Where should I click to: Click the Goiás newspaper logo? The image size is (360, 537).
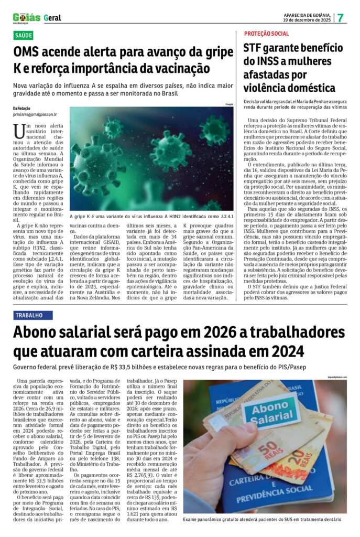tap(26, 17)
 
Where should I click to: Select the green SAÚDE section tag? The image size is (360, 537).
tap(24, 36)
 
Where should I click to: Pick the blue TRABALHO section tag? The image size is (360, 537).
tap(32, 315)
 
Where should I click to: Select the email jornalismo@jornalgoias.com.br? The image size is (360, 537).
tap(35, 113)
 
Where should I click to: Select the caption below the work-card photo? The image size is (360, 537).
tap(261, 519)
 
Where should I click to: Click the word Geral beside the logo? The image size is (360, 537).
tap(52, 18)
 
